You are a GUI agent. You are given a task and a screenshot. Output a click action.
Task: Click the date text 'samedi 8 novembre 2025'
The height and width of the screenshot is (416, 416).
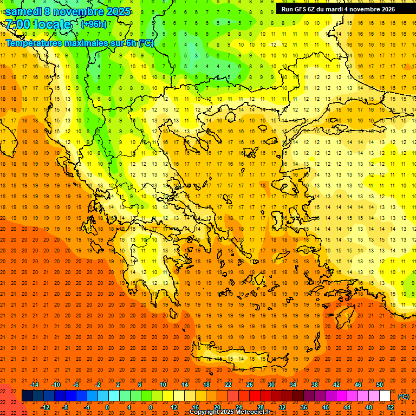click(x=68, y=11)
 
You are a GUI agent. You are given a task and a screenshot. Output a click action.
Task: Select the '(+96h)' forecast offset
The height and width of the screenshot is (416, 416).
click(x=94, y=24)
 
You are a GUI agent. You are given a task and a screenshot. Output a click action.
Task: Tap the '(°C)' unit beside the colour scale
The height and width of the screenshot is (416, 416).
click(x=403, y=396)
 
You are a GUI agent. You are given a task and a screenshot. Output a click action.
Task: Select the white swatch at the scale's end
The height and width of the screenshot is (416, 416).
click(x=385, y=396)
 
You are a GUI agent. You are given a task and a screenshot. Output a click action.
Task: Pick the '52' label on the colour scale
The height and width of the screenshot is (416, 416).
click(x=391, y=407)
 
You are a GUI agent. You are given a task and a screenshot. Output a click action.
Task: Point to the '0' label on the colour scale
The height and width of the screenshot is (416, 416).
click(x=107, y=407)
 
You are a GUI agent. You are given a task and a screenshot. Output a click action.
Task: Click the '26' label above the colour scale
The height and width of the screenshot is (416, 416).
click(x=250, y=385)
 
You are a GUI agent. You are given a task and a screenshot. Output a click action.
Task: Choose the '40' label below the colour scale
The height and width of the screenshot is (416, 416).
click(x=326, y=407)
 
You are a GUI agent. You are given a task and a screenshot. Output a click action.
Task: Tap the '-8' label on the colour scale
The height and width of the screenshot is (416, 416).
click(x=65, y=407)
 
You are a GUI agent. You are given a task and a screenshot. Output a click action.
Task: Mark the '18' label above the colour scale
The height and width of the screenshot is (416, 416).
click(x=206, y=385)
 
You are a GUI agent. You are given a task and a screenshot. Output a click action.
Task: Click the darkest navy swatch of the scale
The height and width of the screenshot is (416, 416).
click(x=27, y=396)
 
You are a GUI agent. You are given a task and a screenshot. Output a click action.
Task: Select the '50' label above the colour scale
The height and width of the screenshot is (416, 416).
click(x=380, y=385)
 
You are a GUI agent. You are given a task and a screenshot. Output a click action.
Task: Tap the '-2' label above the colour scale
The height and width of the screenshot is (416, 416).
click(x=97, y=385)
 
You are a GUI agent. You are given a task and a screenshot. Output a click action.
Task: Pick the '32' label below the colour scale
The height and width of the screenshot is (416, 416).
click(x=282, y=407)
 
